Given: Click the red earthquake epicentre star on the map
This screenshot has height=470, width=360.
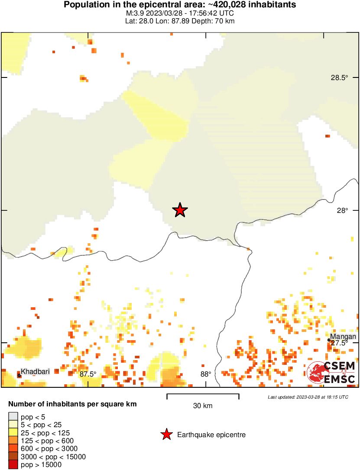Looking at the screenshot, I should coord(180,210).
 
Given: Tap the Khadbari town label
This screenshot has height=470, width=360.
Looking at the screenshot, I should coord(35,371).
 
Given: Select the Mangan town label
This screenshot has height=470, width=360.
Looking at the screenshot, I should coord(343,336).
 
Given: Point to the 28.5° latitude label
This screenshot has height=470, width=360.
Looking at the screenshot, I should coord(339,78).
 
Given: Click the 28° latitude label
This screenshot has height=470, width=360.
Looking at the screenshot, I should coord(342,210).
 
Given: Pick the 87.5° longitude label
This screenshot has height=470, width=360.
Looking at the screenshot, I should coord(88,374).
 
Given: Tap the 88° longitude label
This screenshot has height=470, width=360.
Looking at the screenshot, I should coord(205,374).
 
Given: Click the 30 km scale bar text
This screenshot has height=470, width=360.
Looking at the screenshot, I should coord(202,406).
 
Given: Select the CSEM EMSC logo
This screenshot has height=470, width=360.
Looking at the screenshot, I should coord(331,373).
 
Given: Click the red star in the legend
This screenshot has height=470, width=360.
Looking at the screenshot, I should coord(166,435).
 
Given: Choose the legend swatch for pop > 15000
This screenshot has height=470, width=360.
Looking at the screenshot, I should coord(13,464).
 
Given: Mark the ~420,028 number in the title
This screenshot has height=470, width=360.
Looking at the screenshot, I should coord(227,5).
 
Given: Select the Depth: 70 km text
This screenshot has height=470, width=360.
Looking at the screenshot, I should coord(215,21).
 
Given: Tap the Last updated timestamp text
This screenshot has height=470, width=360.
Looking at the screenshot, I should coord(308,397).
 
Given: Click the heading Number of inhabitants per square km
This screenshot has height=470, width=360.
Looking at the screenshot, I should coord(73,404).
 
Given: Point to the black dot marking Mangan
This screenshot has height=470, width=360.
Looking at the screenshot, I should coord(329,340).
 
